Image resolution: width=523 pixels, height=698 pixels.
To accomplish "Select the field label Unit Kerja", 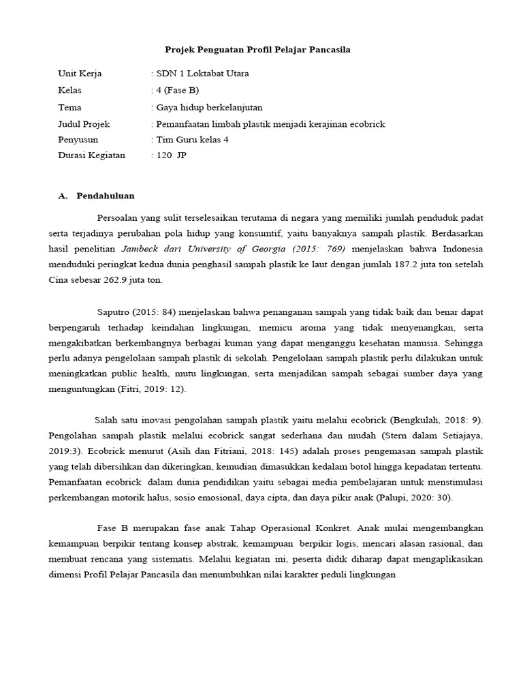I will tap(80, 74).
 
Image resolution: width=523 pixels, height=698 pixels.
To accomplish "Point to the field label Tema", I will tap(71, 107).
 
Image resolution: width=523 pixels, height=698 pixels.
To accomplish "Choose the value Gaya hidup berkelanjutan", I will tap(209, 107).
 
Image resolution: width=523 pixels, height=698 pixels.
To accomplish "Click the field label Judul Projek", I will tap(84, 124).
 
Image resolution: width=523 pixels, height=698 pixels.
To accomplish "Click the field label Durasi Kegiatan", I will tap(92, 155).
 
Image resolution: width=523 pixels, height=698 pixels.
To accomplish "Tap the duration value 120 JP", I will tap(170, 155).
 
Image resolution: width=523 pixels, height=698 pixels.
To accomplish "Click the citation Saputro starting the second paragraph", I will tap(119, 313).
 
